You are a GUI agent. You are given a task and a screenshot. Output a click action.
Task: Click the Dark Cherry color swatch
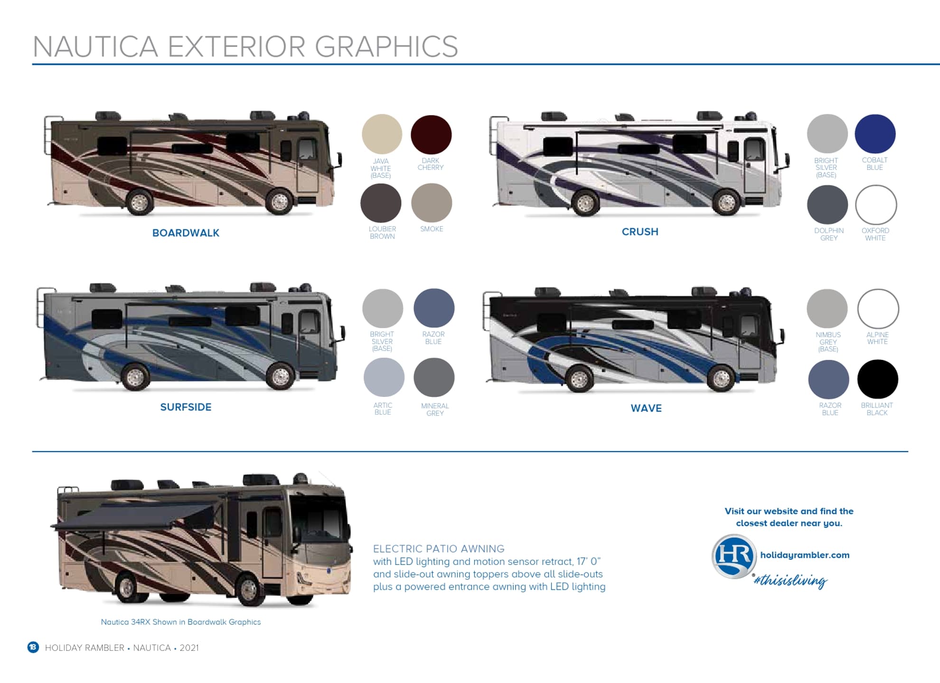[431, 135]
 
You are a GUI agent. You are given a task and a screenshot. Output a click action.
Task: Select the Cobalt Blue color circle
[875, 134]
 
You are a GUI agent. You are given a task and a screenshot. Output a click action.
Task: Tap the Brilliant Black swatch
[877, 379]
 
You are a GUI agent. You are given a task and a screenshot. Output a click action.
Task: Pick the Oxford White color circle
[876, 205]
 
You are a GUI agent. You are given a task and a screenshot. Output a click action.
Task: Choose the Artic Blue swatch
[384, 377]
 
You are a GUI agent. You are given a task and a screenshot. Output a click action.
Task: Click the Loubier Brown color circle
[381, 203]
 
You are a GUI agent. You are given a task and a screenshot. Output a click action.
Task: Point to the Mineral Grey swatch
[434, 377]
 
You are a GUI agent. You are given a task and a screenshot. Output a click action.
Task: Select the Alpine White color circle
[878, 309]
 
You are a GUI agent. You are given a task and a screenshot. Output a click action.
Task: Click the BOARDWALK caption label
[186, 233]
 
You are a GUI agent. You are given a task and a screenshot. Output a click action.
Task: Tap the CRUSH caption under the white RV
[640, 231]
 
